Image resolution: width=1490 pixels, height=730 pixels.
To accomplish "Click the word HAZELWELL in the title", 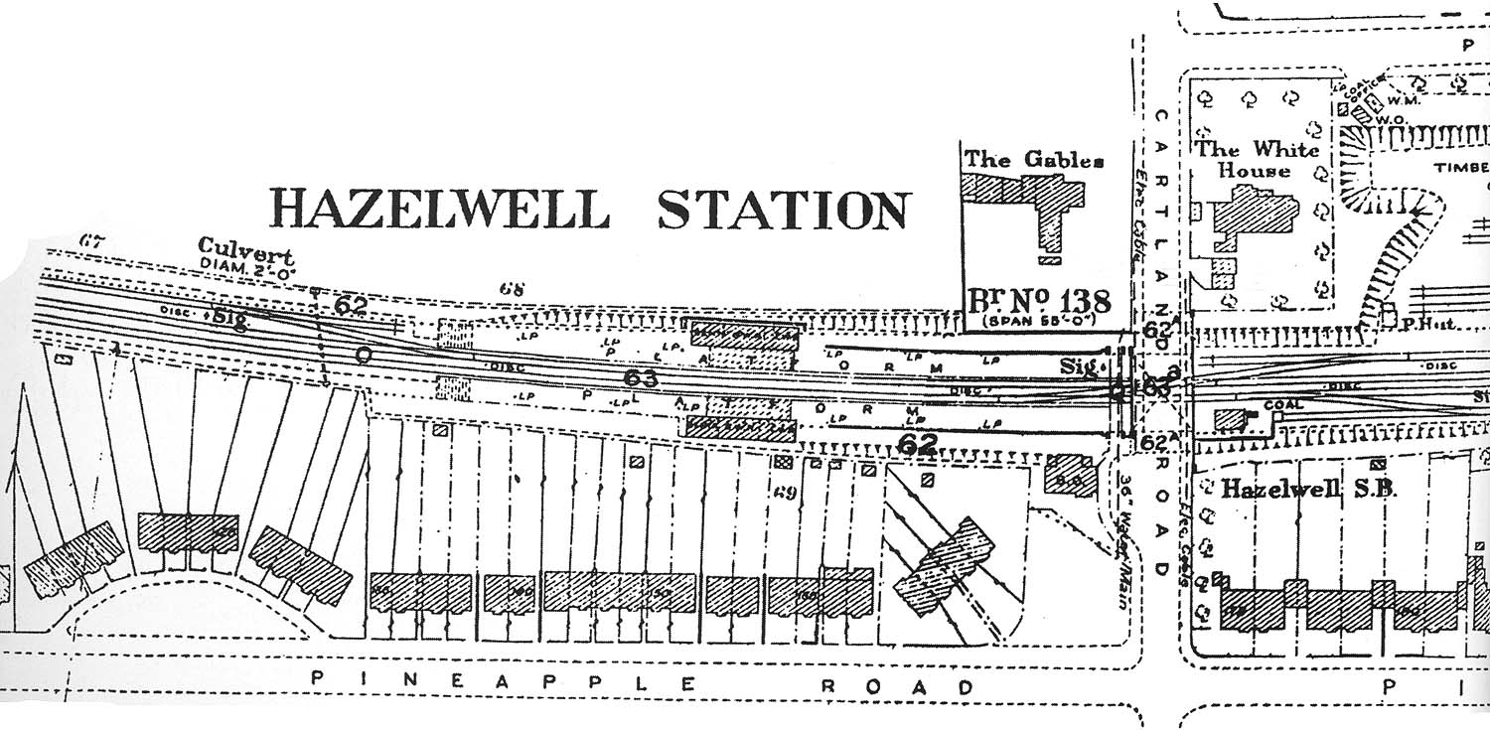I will pyautogui.click(x=438, y=209).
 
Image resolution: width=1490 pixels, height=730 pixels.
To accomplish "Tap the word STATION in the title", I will pyautogui.click(x=783, y=210).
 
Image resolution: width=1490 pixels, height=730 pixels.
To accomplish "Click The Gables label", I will pyautogui.click(x=1034, y=160).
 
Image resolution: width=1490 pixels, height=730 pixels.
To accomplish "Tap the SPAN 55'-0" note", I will pyautogui.click(x=1045, y=322).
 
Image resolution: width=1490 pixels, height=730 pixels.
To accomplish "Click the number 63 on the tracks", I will pyautogui.click(x=642, y=377).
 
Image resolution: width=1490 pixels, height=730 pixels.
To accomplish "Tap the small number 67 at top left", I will pyautogui.click(x=91, y=239).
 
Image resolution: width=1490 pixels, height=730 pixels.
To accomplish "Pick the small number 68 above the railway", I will pyautogui.click(x=511, y=289).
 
